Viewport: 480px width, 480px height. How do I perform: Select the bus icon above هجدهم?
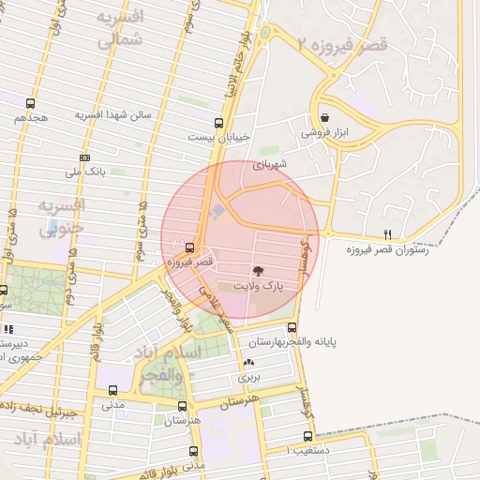(31, 104)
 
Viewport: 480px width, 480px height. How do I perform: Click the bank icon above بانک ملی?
(85, 158)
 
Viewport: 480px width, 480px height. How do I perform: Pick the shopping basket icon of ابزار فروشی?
(324, 118)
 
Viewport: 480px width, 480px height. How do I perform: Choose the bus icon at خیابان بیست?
(218, 122)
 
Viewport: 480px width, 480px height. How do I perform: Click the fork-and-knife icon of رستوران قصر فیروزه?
(387, 233)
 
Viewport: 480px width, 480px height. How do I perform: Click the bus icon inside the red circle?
(191, 248)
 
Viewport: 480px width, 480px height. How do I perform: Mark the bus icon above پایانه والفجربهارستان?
(292, 328)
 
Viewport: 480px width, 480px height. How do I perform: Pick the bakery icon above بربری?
(248, 363)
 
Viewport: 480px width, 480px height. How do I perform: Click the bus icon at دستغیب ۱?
(308, 437)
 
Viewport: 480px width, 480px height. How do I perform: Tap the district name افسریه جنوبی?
(61, 216)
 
